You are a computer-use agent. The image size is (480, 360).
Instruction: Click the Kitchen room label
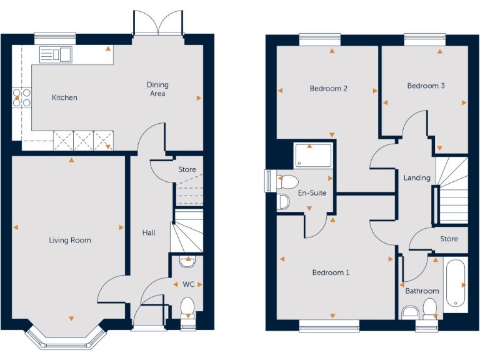(x=64, y=97)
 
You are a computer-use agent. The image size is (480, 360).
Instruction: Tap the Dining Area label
(x=157, y=89)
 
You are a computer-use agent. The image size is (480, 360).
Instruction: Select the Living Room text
(x=71, y=240)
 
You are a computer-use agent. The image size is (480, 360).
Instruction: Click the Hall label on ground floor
(x=149, y=232)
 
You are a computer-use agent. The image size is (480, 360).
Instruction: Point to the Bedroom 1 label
(x=331, y=272)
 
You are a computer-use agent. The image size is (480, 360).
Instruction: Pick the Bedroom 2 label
(x=328, y=88)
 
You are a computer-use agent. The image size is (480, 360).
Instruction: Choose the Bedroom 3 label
(x=426, y=86)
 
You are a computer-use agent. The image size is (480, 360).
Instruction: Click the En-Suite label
(x=312, y=193)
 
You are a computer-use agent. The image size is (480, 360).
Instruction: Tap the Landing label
(x=417, y=178)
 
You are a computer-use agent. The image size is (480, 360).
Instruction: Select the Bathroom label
(x=422, y=291)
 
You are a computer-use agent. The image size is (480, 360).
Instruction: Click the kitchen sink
(x=56, y=54)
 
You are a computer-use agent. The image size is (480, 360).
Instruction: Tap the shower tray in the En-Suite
(x=313, y=155)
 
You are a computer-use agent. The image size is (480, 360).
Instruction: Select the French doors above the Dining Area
(x=158, y=25)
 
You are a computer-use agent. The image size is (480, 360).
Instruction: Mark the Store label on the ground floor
(x=187, y=169)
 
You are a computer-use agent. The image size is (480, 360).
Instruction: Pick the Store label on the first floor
(x=449, y=239)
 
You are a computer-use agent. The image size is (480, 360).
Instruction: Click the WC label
(x=188, y=284)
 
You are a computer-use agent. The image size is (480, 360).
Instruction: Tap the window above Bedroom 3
(x=424, y=39)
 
